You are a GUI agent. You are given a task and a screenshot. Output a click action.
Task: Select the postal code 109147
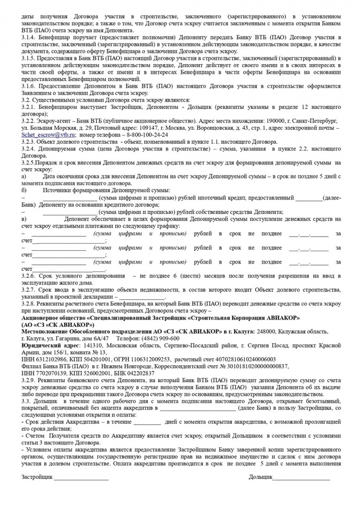tap(161, 127)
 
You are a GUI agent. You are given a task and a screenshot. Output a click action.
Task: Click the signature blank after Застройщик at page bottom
tap(81, 478)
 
